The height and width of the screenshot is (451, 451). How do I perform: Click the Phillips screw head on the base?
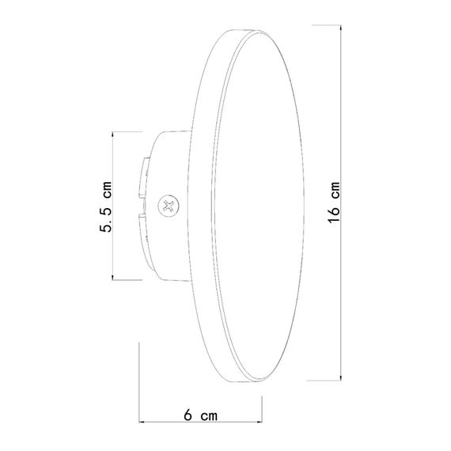tap(167, 206)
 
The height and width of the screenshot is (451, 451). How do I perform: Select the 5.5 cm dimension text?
tap(104, 205)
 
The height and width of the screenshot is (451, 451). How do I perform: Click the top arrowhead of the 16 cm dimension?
tap(342, 25)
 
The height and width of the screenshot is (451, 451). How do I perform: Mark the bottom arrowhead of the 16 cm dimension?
tap(342, 377)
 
